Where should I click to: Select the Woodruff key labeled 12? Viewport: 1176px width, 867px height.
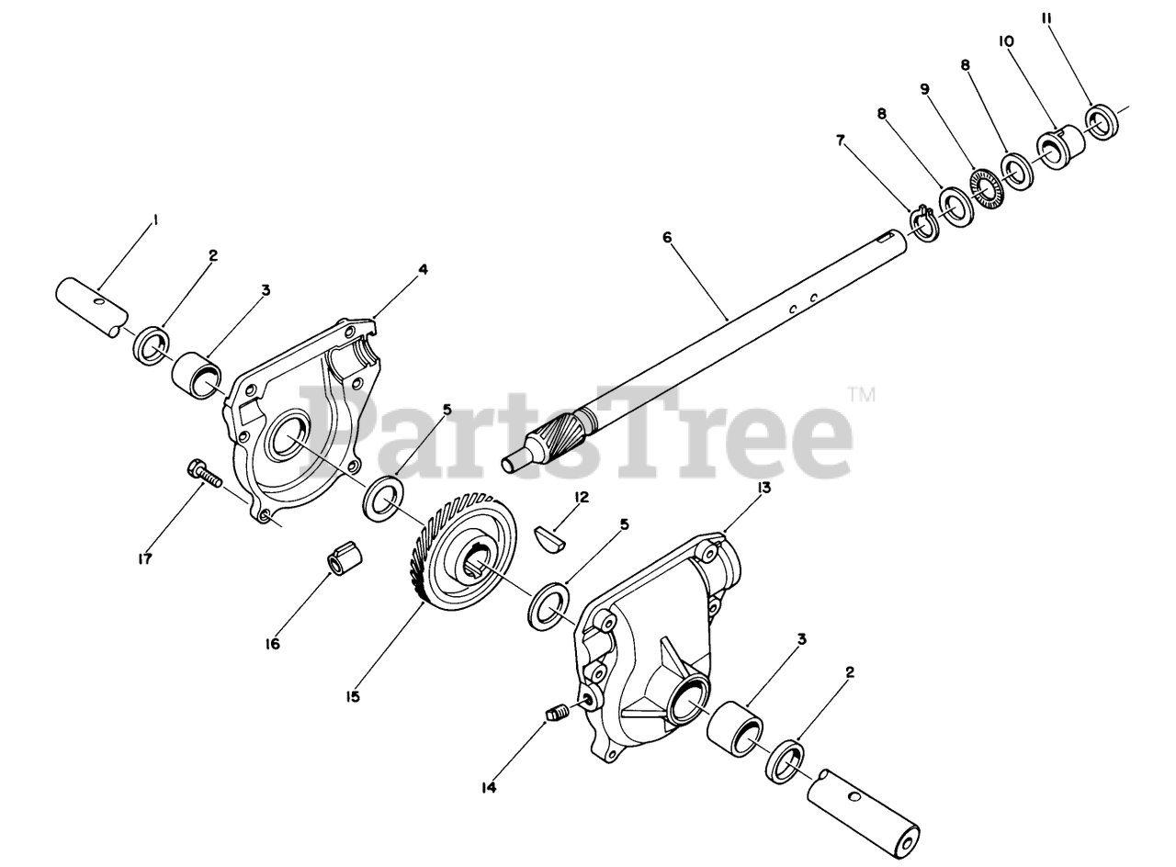click(550, 537)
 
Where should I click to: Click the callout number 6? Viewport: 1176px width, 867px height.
click(668, 237)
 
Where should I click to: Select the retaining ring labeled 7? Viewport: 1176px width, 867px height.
click(924, 223)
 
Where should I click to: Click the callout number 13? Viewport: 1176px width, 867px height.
click(764, 488)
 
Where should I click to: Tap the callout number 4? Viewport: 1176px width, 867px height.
click(424, 269)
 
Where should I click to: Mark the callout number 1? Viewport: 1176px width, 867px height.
click(155, 220)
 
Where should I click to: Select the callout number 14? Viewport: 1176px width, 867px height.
click(489, 787)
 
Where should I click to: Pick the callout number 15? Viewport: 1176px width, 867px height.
click(354, 696)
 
